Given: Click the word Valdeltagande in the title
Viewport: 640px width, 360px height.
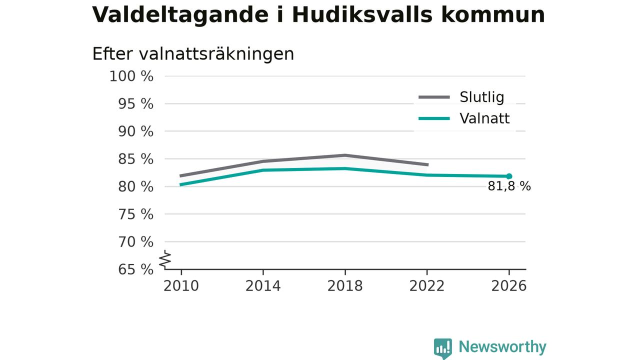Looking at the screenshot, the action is pos(180,15).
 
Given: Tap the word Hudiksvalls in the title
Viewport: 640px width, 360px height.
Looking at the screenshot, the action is pos(362,14).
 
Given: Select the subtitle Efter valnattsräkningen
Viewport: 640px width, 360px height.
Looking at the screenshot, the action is pos(193,54).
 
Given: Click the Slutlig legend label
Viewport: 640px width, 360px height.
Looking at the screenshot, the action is pos(481,97).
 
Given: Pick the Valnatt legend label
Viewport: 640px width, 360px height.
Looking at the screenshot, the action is pos(484,118).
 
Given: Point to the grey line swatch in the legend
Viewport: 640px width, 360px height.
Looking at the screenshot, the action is pos(434,97).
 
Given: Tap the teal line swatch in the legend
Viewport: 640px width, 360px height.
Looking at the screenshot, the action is pos(434,118).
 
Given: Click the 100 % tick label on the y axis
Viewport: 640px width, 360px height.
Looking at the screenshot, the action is pos(131,76).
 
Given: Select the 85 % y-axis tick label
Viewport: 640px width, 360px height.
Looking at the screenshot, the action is pos(135,159).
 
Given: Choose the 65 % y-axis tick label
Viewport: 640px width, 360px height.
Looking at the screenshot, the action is pos(135,269).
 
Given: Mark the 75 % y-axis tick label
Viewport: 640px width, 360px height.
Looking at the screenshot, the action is pos(135,214).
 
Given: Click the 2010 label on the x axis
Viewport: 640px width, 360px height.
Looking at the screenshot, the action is pos(181,286).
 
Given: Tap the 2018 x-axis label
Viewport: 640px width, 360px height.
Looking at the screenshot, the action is pos(345,286).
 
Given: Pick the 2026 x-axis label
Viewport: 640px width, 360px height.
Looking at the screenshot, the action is pos(508,286).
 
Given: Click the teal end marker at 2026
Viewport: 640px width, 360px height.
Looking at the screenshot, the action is pos(509,176).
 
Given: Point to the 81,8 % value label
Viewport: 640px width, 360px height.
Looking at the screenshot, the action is pos(509,186).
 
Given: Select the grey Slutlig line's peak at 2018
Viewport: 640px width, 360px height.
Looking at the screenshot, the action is pos(345,155).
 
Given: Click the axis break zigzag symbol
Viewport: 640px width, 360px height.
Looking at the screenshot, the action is pos(165,259).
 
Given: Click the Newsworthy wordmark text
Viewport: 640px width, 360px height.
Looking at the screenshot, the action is pos(502,347).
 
